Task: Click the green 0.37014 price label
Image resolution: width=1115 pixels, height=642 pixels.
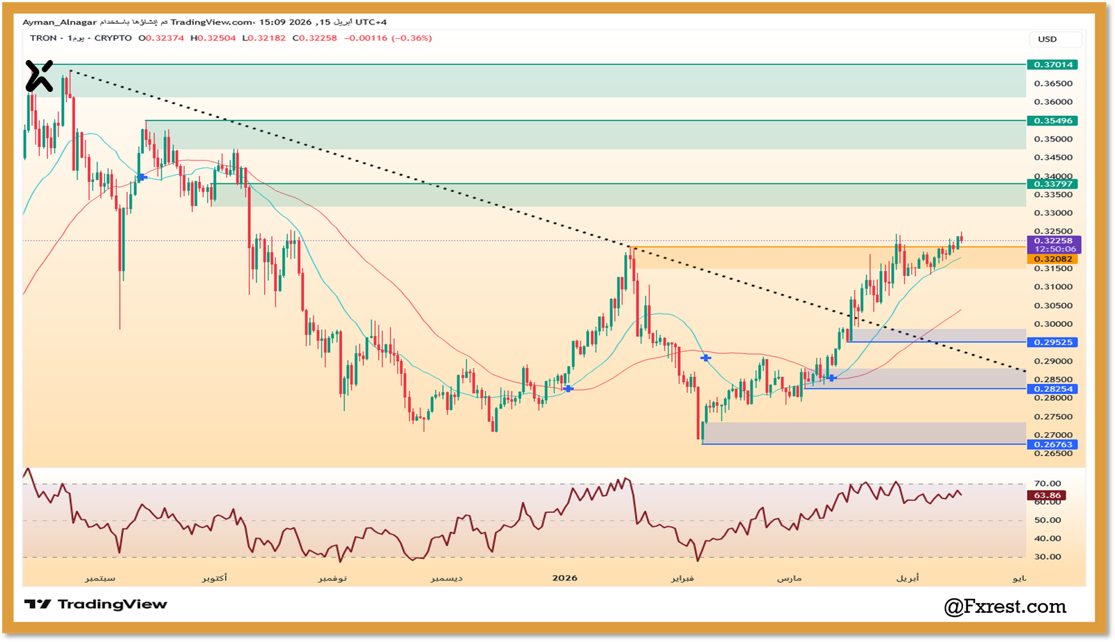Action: click(1052, 65)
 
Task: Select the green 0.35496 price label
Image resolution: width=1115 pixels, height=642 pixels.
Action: click(1052, 121)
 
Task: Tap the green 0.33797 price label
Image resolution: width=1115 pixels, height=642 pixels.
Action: click(1052, 184)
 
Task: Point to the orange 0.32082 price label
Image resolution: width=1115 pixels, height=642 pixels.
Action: click(1052, 259)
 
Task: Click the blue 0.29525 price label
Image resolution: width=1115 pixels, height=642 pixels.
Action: click(1052, 342)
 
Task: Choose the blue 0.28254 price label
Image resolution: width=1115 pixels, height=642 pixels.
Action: click(1052, 389)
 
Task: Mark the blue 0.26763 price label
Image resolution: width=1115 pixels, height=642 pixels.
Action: click(1052, 445)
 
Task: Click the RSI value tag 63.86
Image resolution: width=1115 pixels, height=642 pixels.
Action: click(1047, 496)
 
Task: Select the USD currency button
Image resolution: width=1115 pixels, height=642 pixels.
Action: click(1047, 39)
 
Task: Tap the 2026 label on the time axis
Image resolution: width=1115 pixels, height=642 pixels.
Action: click(564, 578)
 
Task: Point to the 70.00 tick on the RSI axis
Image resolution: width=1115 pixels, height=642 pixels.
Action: click(1047, 484)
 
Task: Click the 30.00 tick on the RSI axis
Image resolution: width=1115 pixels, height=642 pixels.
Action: click(1047, 557)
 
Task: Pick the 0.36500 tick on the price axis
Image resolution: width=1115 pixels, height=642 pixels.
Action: click(1053, 84)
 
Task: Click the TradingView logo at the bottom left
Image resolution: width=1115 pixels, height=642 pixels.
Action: click(95, 604)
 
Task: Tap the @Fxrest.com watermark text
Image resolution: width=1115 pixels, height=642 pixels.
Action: click(1005, 607)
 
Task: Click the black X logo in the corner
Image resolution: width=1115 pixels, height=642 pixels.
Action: click(39, 76)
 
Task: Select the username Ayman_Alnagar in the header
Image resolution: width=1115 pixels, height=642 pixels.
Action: click(59, 22)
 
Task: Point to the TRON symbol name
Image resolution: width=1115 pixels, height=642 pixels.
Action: click(43, 38)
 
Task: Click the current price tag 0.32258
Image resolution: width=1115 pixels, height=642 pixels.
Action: click(1053, 240)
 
